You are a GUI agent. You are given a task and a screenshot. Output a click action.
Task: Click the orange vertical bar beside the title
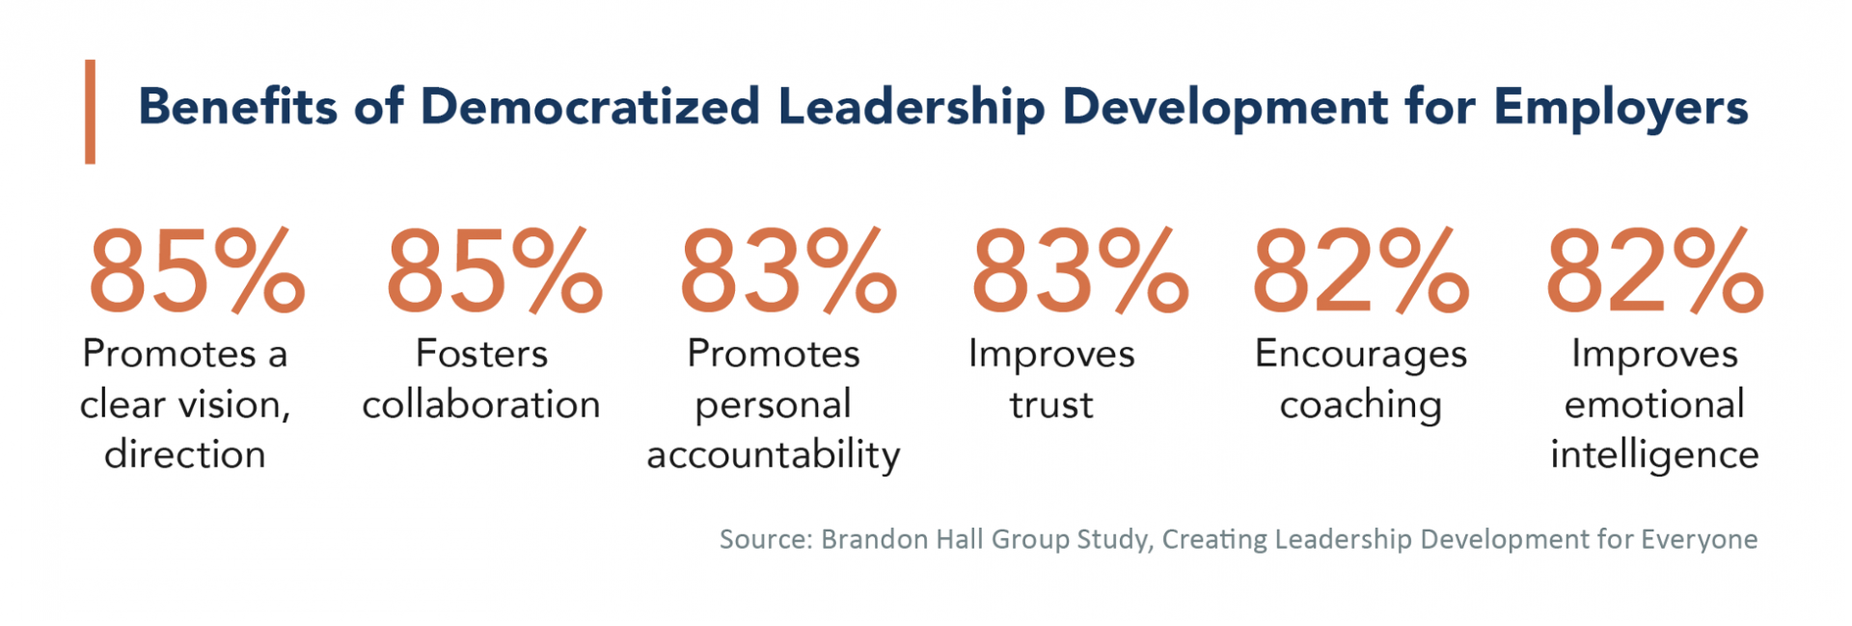pyautogui.click(x=90, y=112)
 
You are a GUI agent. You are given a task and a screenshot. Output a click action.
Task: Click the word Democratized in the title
pyautogui.click(x=590, y=106)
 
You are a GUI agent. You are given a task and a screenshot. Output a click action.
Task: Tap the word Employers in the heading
pyautogui.click(x=1620, y=108)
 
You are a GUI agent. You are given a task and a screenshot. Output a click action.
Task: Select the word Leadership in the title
pyautogui.click(x=911, y=108)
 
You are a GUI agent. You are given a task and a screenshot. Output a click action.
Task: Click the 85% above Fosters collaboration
pyautogui.click(x=493, y=271)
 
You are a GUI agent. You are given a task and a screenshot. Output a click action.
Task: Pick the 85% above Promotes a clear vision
pyautogui.click(x=196, y=271)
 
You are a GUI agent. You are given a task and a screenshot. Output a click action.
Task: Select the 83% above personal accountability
pyautogui.click(x=787, y=271)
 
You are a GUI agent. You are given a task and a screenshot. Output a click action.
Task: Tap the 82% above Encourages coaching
pyautogui.click(x=1360, y=271)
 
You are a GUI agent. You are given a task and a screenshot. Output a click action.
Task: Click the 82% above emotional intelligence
pyautogui.click(x=1653, y=271)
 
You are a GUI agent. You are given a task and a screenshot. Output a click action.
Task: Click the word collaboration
pyautogui.click(x=480, y=404)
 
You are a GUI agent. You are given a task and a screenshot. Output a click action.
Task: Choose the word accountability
pyautogui.click(x=773, y=455)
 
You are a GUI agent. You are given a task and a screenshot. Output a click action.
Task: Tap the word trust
pyautogui.click(x=1051, y=404)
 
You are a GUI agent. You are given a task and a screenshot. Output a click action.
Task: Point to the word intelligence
pyautogui.click(x=1653, y=455)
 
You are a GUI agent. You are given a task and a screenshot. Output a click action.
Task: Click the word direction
pyautogui.click(x=184, y=454)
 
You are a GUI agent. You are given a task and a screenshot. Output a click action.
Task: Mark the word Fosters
pyautogui.click(x=480, y=354)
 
